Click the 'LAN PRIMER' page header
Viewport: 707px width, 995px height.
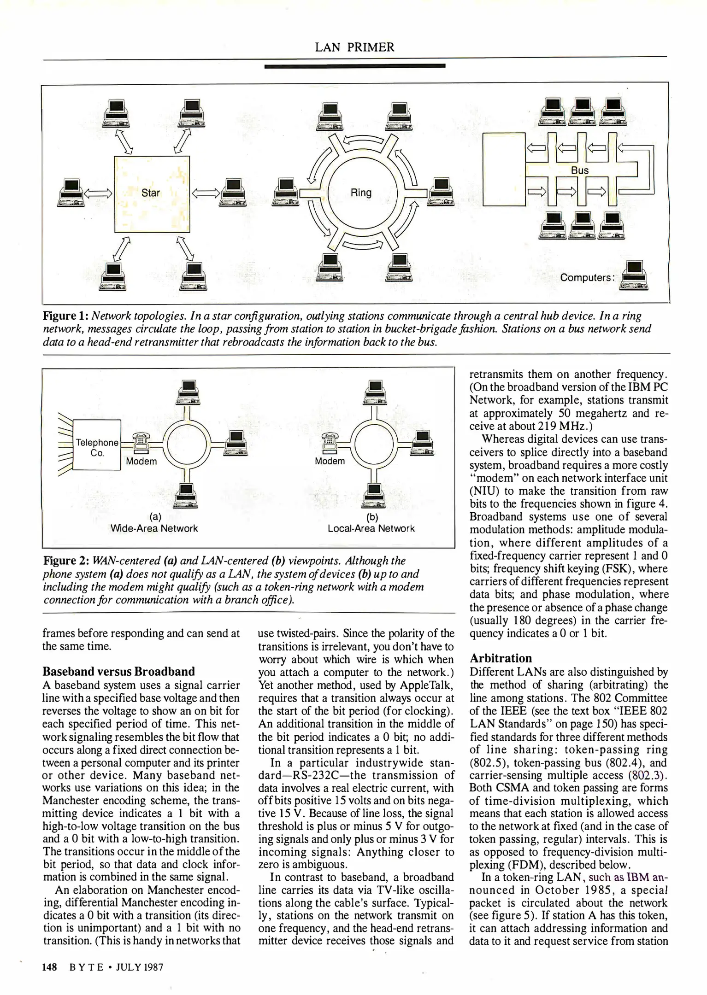point(354,47)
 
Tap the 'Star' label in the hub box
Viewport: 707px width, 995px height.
point(151,193)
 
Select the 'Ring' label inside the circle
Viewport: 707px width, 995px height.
point(361,193)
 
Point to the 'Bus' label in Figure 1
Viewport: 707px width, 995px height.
point(580,170)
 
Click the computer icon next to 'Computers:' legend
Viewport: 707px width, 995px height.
point(634,276)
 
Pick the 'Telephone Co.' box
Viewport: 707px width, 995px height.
point(97,445)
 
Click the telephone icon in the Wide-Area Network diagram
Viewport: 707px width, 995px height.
point(141,443)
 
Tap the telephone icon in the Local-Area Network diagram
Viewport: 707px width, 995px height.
point(330,443)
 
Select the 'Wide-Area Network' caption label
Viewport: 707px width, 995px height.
point(154,528)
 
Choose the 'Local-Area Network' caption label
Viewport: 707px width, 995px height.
point(371,528)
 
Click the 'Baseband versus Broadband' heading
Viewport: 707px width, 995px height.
point(118,671)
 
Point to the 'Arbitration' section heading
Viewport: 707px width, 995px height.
point(501,658)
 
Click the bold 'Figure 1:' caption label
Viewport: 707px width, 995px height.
point(66,316)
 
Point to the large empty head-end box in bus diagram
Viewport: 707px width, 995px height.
point(504,169)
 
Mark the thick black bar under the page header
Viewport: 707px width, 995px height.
point(354,66)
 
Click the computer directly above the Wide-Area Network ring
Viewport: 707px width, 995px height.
point(188,392)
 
